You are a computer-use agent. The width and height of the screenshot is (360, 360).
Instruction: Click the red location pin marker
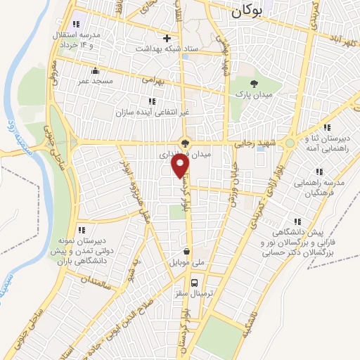[181, 166]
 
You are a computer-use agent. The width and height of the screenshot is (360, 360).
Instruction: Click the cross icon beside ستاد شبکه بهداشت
[166, 38]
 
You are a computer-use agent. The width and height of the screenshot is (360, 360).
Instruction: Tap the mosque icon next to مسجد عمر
[96, 70]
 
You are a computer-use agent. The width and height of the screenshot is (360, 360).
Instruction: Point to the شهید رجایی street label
[257, 142]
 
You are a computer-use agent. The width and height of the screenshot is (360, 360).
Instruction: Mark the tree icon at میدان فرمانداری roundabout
[185, 143]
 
